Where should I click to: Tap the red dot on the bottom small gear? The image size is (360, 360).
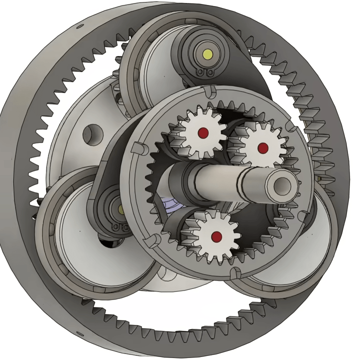click(216, 235)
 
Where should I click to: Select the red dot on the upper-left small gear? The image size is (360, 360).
click(203, 132)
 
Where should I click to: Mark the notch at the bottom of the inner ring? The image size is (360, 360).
click(232, 272)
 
